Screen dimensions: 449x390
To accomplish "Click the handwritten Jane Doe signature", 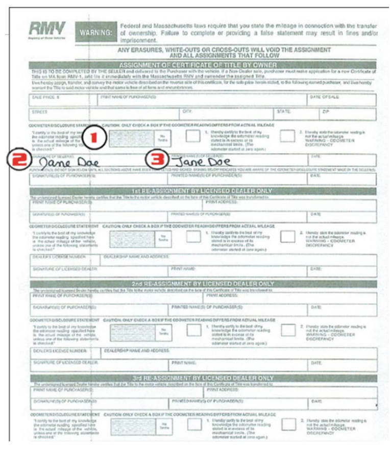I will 69,163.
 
